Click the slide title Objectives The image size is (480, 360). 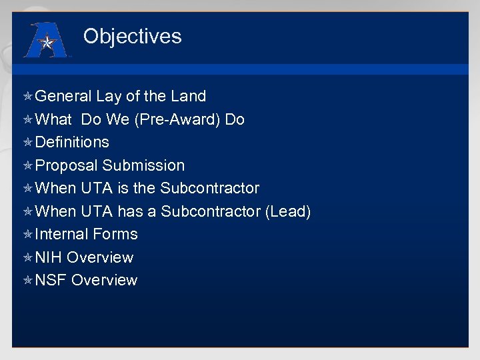click(x=132, y=36)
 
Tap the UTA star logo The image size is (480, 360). click(x=47, y=41)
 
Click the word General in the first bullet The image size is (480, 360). click(x=63, y=97)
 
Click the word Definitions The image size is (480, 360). click(x=72, y=142)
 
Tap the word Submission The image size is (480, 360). click(x=143, y=165)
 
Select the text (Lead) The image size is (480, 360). click(x=288, y=211)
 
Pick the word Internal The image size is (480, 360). click(x=62, y=234)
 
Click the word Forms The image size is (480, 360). click(x=115, y=234)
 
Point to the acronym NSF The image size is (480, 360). click(x=51, y=280)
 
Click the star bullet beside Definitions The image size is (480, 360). click(x=28, y=143)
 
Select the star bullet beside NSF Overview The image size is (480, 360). click(x=28, y=281)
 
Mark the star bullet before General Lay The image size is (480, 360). click(x=28, y=97)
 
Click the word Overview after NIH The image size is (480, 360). click(x=100, y=257)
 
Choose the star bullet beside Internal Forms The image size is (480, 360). click(x=28, y=235)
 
